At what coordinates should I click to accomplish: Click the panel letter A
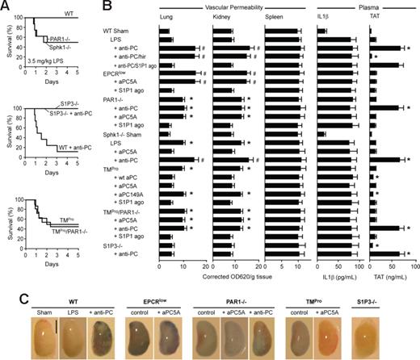(6, 6)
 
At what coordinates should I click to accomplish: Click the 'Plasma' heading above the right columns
(367, 6)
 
